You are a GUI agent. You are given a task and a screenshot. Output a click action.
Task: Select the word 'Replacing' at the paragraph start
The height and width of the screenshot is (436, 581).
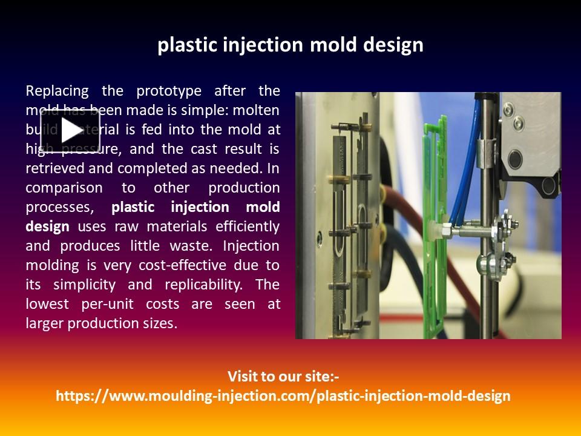(57, 91)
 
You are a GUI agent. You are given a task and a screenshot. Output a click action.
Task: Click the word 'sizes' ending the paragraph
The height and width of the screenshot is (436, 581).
(160, 323)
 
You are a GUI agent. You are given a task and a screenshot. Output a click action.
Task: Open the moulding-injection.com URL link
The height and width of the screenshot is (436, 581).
(283, 396)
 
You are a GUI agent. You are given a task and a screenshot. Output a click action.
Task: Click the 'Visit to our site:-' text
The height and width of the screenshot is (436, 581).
(283, 377)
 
